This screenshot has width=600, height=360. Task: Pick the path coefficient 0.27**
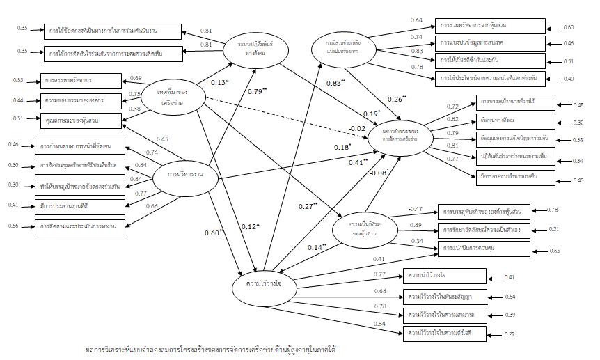tap(306, 205)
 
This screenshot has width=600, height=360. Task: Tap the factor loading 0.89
tap(416, 225)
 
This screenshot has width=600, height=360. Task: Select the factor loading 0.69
tap(136, 78)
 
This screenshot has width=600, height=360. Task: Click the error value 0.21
tap(554, 228)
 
